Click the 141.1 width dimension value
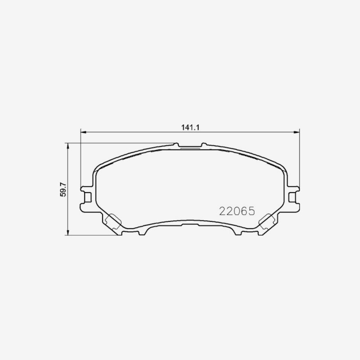(190, 127)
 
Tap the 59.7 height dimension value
(63, 189)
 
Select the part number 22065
(237, 211)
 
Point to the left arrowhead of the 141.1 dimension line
(83, 132)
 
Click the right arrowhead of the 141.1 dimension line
(297, 132)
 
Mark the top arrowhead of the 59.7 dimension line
(67, 145)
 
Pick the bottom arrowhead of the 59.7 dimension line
(67, 233)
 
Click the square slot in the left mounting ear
(88, 198)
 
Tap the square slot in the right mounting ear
(292, 198)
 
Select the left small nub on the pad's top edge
(176, 144)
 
